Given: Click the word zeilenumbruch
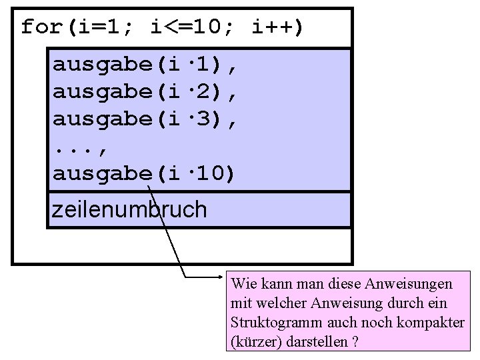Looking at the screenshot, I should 129,210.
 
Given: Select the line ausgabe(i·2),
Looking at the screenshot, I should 145,92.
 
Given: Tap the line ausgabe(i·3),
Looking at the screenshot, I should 145,119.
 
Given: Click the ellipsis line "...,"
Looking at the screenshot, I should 81,147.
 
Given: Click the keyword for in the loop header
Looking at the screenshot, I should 41,27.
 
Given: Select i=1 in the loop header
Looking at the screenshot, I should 101,27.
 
